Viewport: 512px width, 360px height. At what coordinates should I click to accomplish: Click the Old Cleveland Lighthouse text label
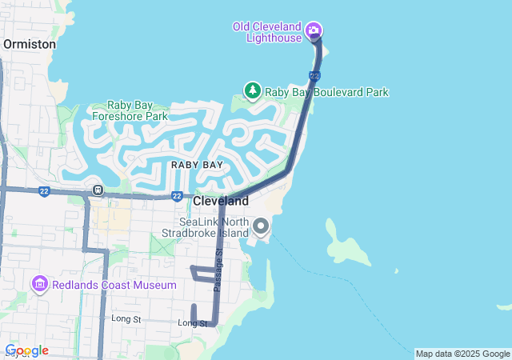[267, 32]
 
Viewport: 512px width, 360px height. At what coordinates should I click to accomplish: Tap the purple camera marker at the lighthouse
[314, 31]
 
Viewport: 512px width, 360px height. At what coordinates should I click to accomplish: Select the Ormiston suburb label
[30, 45]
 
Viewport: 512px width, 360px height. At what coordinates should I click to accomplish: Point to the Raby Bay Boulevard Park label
[326, 92]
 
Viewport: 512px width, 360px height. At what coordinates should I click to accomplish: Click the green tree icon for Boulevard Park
[253, 90]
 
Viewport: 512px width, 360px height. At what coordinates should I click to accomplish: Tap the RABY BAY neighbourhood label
[197, 165]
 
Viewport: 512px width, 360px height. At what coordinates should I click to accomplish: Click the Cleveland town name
[220, 201]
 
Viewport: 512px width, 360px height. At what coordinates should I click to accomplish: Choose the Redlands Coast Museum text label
[114, 285]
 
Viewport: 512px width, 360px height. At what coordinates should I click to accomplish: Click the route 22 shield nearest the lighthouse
[314, 76]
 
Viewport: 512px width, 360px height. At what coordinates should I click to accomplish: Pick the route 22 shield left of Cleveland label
[176, 196]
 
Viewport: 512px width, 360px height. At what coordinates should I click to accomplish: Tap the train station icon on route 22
[97, 190]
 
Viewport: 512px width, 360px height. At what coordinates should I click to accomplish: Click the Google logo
[26, 350]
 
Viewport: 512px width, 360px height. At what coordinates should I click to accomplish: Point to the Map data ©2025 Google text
[462, 354]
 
